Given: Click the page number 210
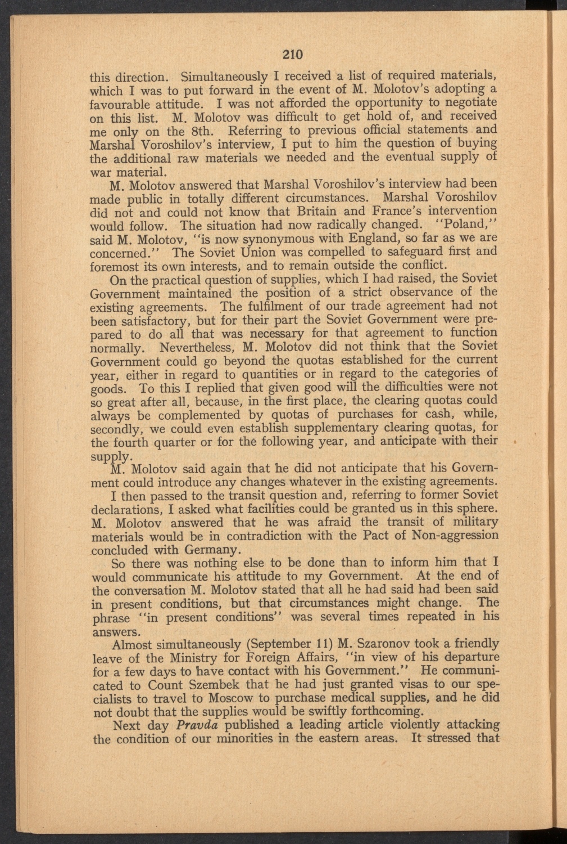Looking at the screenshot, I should point(292,54).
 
